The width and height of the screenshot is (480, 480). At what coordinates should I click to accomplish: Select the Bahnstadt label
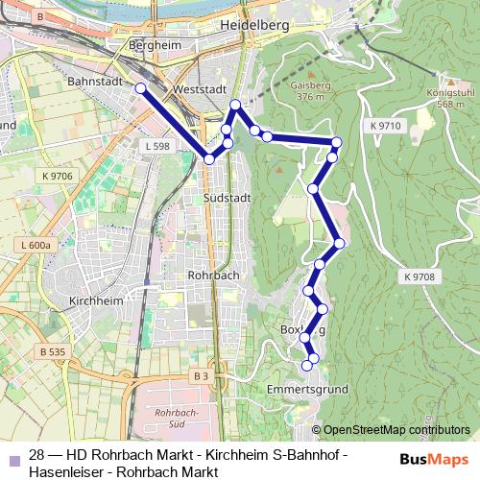click(93, 83)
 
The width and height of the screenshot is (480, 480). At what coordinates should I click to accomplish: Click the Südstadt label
click(228, 197)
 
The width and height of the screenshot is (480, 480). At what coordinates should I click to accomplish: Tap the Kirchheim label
click(96, 300)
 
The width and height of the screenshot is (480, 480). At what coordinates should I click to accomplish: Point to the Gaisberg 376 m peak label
click(307, 90)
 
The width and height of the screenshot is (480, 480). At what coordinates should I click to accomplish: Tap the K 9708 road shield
click(420, 276)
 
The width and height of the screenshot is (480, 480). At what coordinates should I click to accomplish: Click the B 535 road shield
click(53, 352)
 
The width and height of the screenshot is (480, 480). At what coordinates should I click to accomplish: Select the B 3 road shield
click(200, 376)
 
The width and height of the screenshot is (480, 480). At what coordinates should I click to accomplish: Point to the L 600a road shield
click(34, 246)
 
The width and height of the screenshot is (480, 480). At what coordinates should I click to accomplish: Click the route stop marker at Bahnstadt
click(140, 88)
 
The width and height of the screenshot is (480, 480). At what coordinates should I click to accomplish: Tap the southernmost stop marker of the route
click(308, 365)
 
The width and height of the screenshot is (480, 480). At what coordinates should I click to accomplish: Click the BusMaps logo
click(434, 459)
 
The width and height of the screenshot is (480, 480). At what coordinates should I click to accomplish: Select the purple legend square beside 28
click(13, 459)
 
